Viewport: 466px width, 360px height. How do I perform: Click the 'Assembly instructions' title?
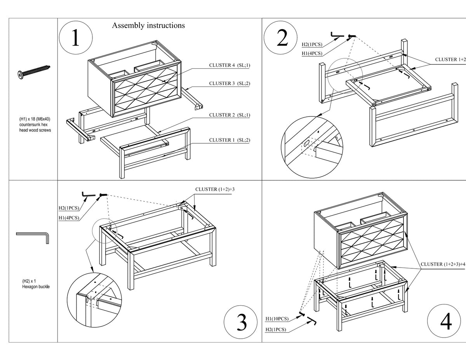tap(148, 26)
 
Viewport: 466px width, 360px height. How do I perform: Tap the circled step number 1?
tap(76, 38)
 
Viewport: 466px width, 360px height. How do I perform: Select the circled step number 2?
tap(280, 38)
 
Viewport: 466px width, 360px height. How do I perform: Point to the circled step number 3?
tap(241, 322)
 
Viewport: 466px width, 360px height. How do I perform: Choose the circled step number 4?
tap(444, 321)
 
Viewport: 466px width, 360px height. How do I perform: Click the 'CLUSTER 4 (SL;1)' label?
tap(230, 65)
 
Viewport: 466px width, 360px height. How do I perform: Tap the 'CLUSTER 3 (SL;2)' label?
tap(230, 83)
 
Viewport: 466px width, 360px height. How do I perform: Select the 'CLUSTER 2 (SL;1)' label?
tap(230, 115)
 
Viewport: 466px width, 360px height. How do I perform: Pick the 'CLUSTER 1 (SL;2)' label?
tap(230, 140)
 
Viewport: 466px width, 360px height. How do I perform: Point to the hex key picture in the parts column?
tap(33, 238)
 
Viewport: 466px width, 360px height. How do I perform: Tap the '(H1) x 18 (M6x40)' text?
tap(35, 119)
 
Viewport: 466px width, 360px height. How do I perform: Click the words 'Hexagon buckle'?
tap(36, 287)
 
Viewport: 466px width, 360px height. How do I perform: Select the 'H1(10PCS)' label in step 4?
tap(277, 318)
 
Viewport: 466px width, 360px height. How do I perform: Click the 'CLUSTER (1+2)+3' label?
tap(215, 190)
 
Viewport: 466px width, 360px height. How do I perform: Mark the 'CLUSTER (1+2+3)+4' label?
tap(443, 264)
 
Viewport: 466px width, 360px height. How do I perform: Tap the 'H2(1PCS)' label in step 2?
tap(312, 44)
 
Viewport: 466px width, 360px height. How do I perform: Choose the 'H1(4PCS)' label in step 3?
tap(69, 218)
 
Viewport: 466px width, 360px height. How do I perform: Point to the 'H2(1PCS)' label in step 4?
tap(276, 329)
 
